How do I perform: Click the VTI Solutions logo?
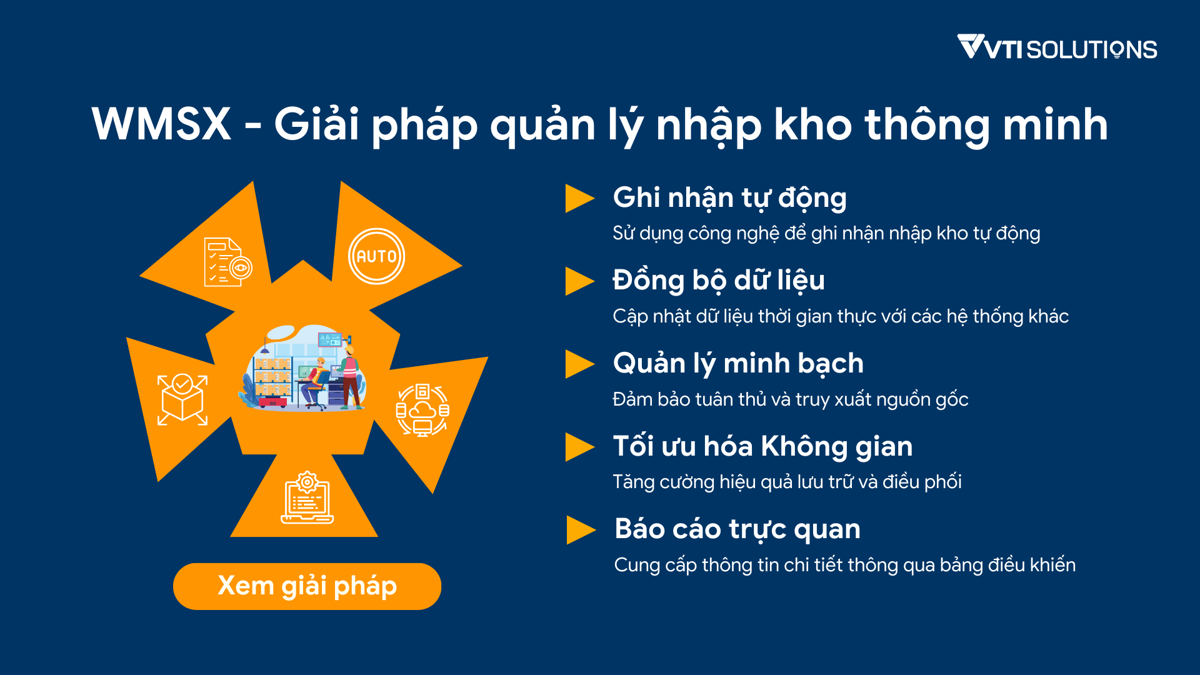pos(1057,47)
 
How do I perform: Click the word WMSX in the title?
pos(161,124)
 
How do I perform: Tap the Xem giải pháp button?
pos(307,586)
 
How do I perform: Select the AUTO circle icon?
pos(376,256)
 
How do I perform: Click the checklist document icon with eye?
pos(228,262)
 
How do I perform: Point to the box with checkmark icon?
pos(182,400)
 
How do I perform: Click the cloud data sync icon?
pos(422,410)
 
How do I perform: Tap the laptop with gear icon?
pos(307,497)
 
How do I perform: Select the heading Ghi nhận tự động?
pos(729,198)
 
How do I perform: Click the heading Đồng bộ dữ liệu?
pos(719,281)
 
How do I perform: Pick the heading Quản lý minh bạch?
pos(738,364)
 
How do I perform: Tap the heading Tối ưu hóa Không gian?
pos(762,446)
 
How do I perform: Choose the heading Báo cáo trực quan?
pos(737,529)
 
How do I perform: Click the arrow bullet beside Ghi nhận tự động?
pos(579,198)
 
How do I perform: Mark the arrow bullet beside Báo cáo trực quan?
pos(581,530)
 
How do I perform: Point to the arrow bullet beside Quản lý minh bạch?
pos(579,364)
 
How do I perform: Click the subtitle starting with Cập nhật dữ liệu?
pos(841,316)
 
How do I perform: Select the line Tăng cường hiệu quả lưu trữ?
pos(787,482)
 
